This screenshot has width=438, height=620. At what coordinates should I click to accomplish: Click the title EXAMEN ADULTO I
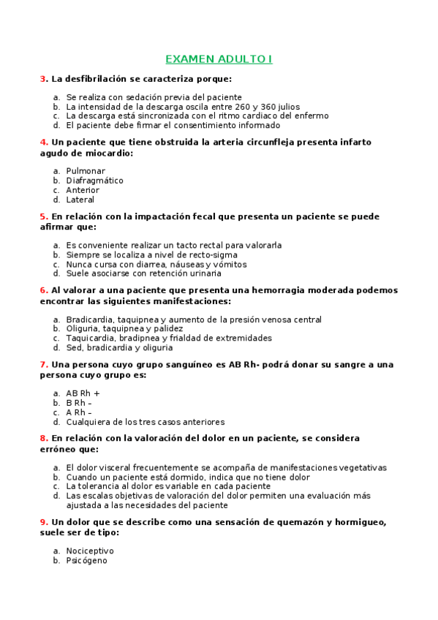pyautogui.click(x=219, y=59)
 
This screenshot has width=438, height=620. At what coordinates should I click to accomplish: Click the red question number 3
pyautogui.click(x=43, y=78)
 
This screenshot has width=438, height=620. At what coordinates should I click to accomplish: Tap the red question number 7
pyautogui.click(x=43, y=364)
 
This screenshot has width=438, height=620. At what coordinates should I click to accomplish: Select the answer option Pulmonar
pyautogui.click(x=86, y=171)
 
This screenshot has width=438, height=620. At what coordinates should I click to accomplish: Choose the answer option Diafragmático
pyautogui.click(x=94, y=181)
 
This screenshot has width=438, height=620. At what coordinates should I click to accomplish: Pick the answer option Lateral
pyautogui.click(x=80, y=200)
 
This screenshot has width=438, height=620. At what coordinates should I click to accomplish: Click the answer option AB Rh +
pyautogui.click(x=83, y=393)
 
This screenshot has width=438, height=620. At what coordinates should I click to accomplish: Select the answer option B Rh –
pyautogui.click(x=79, y=403)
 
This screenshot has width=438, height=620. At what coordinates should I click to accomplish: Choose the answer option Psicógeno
pyautogui.click(x=86, y=561)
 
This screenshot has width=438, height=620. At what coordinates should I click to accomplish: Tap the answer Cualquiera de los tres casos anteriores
pyautogui.click(x=145, y=422)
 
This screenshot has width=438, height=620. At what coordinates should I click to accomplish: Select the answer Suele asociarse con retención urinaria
pyautogui.click(x=143, y=273)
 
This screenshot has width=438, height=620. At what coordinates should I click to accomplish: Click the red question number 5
pyautogui.click(x=43, y=216)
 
